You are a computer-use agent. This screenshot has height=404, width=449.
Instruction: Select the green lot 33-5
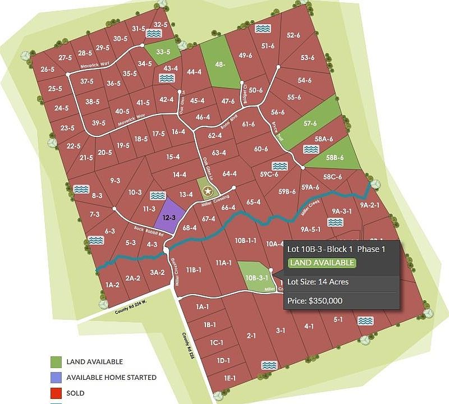click(163, 52)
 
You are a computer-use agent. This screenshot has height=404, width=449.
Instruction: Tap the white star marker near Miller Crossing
click(208, 190)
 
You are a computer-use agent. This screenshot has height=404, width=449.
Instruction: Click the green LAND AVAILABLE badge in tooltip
click(322, 263)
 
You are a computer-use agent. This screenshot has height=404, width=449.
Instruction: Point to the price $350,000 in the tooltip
click(314, 301)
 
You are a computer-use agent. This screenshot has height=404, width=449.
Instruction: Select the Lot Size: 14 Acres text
click(318, 282)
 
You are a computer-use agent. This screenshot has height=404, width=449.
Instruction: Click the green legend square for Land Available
click(56, 362)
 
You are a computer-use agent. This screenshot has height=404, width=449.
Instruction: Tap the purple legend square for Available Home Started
click(56, 378)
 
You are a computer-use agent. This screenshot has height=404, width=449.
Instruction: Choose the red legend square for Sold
click(56, 393)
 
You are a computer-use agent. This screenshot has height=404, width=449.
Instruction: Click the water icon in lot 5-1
click(365, 321)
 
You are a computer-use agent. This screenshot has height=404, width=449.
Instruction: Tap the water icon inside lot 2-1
click(269, 365)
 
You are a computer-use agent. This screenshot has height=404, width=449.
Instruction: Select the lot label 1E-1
click(230, 378)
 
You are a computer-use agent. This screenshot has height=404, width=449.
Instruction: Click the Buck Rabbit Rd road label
click(147, 230)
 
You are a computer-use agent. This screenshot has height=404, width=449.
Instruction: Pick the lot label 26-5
click(48, 70)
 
